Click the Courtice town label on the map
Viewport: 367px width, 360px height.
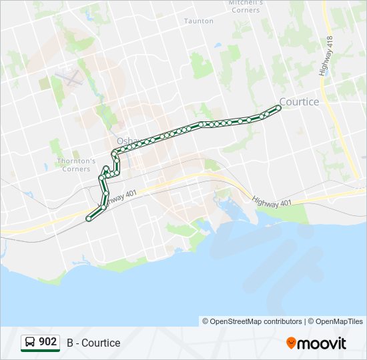tap(299, 102)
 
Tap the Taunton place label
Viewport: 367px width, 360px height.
tap(199, 21)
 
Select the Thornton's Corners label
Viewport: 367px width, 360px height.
tap(77, 165)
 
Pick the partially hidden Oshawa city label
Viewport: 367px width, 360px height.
tap(125, 141)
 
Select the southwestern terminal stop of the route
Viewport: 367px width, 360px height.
tap(89, 219)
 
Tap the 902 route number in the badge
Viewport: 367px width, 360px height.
tap(47, 342)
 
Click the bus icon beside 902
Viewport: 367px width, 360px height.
tap(30, 343)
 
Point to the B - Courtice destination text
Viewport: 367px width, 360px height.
tap(93, 343)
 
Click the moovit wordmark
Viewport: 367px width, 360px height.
tap(322, 343)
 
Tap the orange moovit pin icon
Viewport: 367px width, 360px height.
tap(291, 343)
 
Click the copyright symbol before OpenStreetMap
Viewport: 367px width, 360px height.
tap(206, 321)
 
